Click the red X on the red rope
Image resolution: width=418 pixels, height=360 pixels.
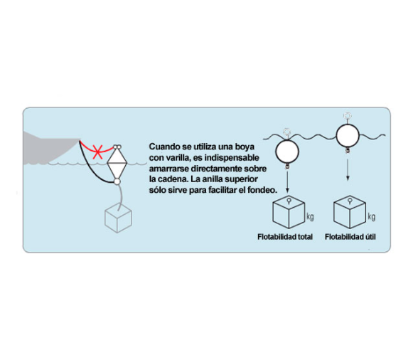tap(97, 152)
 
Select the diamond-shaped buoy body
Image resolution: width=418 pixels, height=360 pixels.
tap(117, 163)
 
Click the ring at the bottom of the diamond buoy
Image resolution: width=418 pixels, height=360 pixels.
tap(117, 181)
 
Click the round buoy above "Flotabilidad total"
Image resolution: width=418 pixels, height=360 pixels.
tap(287, 152)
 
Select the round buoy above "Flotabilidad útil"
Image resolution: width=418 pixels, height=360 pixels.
tap(348, 136)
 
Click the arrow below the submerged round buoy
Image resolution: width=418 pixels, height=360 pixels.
tap(287, 181)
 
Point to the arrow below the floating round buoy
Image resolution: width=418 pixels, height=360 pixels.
tap(348, 170)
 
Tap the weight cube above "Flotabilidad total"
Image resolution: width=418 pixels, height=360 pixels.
tap(289, 212)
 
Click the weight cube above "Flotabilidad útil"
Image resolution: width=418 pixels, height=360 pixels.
tap(350, 212)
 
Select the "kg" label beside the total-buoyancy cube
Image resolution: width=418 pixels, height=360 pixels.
tap(310, 217)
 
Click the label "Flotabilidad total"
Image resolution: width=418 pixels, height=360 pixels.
tap(285, 237)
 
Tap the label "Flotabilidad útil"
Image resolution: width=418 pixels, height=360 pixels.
tap(350, 237)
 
